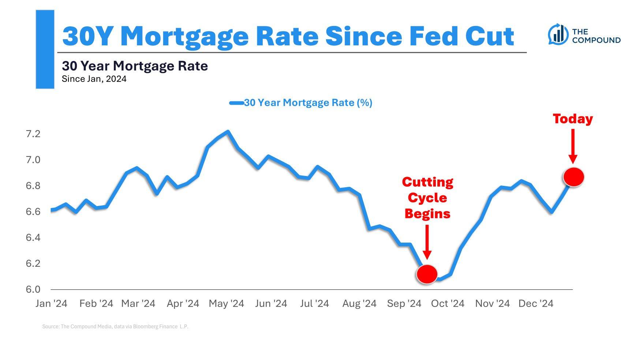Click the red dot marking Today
[x=573, y=177]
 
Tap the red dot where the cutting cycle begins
[x=427, y=274]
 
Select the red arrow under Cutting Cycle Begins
[x=427, y=241]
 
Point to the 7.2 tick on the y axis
[x=33, y=134]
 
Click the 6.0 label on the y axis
[x=33, y=289]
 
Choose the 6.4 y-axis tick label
[x=33, y=238]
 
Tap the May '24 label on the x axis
[x=226, y=304]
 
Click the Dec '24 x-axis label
[x=536, y=304]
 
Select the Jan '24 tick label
[x=51, y=304]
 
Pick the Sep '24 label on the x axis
[x=404, y=304]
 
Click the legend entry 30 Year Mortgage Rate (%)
[x=308, y=103]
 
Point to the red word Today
[x=573, y=119]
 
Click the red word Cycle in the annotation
[x=427, y=198]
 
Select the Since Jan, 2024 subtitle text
[x=94, y=79]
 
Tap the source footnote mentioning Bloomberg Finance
[x=115, y=326]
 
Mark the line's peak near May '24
[x=228, y=131]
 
